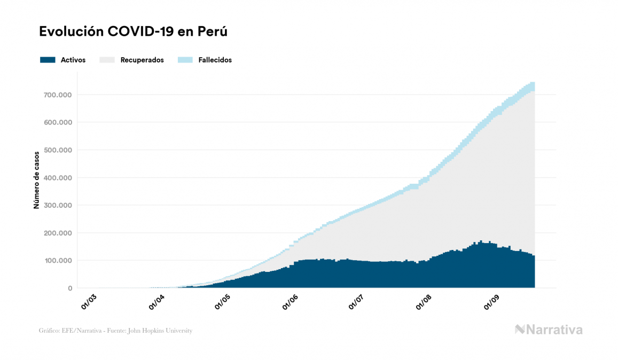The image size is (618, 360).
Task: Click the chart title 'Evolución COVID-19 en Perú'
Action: [x=134, y=32]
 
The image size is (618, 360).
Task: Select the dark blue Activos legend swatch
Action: [x=48, y=60]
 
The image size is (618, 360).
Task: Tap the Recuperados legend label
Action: [x=142, y=60]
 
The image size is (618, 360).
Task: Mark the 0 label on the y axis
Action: [x=69, y=288]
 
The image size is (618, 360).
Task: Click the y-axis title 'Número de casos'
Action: [x=37, y=179]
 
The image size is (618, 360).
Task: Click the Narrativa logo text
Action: [x=554, y=330]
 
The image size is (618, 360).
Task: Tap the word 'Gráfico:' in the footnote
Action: [x=49, y=331]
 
